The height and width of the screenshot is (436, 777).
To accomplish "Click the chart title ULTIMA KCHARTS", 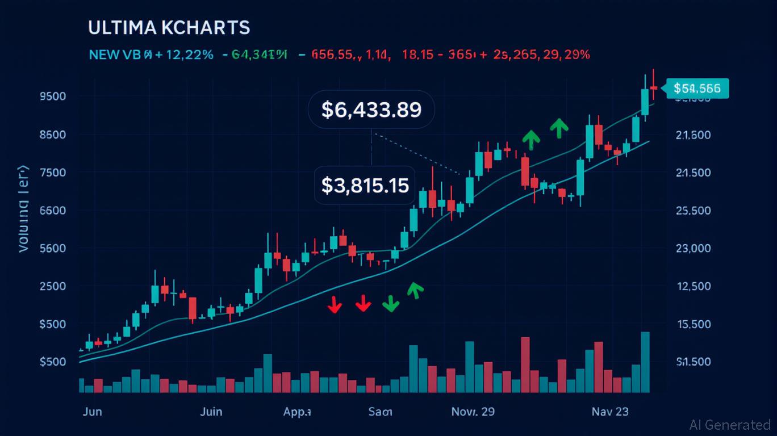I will (x=169, y=28).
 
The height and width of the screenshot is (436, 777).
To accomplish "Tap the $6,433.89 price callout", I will (x=371, y=109).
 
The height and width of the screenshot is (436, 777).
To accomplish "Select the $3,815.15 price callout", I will (x=365, y=185).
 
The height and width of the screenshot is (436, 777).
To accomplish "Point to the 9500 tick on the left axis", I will (x=53, y=96).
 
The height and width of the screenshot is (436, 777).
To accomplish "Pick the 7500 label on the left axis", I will (x=53, y=173).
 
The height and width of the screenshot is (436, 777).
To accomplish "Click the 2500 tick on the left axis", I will (x=53, y=286).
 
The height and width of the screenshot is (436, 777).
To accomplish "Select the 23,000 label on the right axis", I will (x=694, y=248).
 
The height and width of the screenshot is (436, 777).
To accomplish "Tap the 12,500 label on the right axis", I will (x=694, y=286).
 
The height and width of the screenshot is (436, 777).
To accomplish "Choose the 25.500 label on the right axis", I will (x=694, y=211).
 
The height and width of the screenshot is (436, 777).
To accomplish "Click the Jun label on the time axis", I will (x=92, y=412).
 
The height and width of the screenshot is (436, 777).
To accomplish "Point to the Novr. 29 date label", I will (x=473, y=412).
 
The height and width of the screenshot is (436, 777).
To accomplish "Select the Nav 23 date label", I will (x=609, y=412).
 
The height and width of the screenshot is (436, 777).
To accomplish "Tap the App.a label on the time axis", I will (x=297, y=412).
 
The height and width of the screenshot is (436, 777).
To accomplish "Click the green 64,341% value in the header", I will (x=259, y=55).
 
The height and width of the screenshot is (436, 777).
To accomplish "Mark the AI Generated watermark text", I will (x=730, y=425).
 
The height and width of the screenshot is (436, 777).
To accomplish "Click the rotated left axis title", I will (x=23, y=209).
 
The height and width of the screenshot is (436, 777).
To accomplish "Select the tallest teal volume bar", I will (x=645, y=362).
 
